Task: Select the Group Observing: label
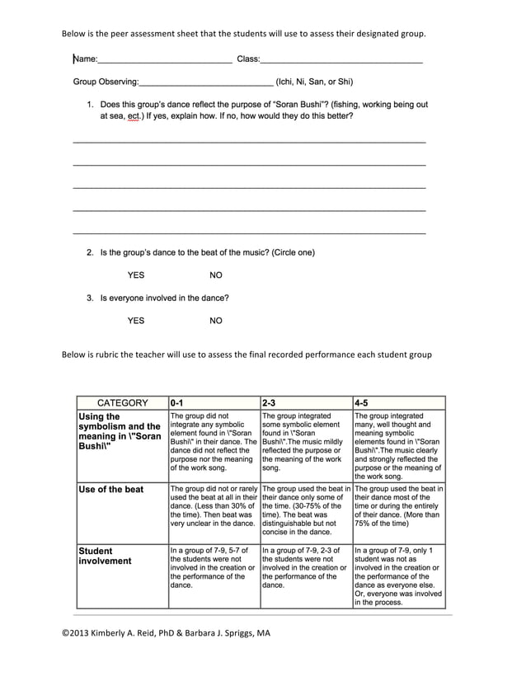(x=106, y=82)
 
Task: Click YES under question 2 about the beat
(x=136, y=275)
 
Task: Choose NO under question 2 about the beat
(x=216, y=275)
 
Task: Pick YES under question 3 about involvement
(x=136, y=321)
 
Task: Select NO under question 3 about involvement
(x=216, y=321)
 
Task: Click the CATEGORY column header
(x=123, y=403)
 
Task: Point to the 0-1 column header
(x=177, y=403)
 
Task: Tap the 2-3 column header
(x=269, y=403)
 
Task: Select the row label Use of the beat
(x=110, y=490)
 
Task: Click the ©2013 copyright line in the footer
(x=166, y=633)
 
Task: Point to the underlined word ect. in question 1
(x=135, y=117)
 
